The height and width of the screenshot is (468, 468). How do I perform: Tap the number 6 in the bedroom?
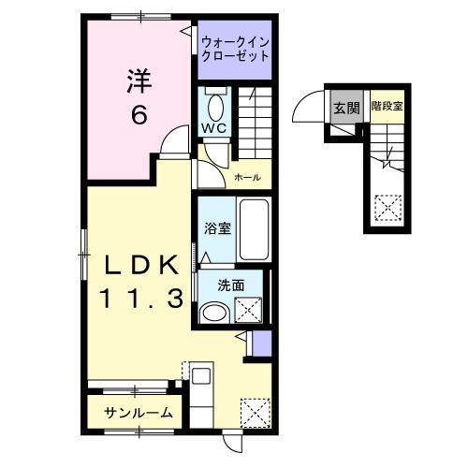pyautogui.click(x=138, y=115)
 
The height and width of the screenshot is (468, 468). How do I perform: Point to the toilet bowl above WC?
pyautogui.click(x=215, y=104)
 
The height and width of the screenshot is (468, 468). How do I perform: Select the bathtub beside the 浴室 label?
pyautogui.click(x=254, y=229)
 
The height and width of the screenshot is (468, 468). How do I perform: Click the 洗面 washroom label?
pyautogui.click(x=217, y=285)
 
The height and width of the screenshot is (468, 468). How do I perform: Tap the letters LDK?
pyautogui.click(x=139, y=266)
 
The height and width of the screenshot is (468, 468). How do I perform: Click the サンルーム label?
pyautogui.click(x=138, y=412)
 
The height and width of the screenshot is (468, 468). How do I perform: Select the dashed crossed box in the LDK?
pyautogui.click(x=254, y=411)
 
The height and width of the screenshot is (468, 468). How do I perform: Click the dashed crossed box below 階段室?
pyautogui.click(x=386, y=204)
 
